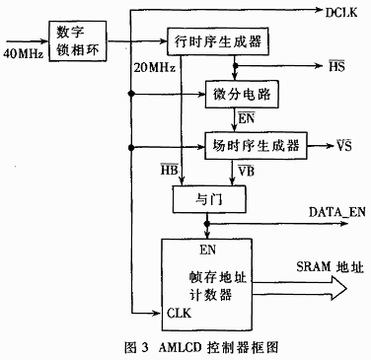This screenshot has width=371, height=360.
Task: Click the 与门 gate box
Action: pos(207,197)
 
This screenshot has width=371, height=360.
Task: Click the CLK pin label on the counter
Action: pos(181,315)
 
